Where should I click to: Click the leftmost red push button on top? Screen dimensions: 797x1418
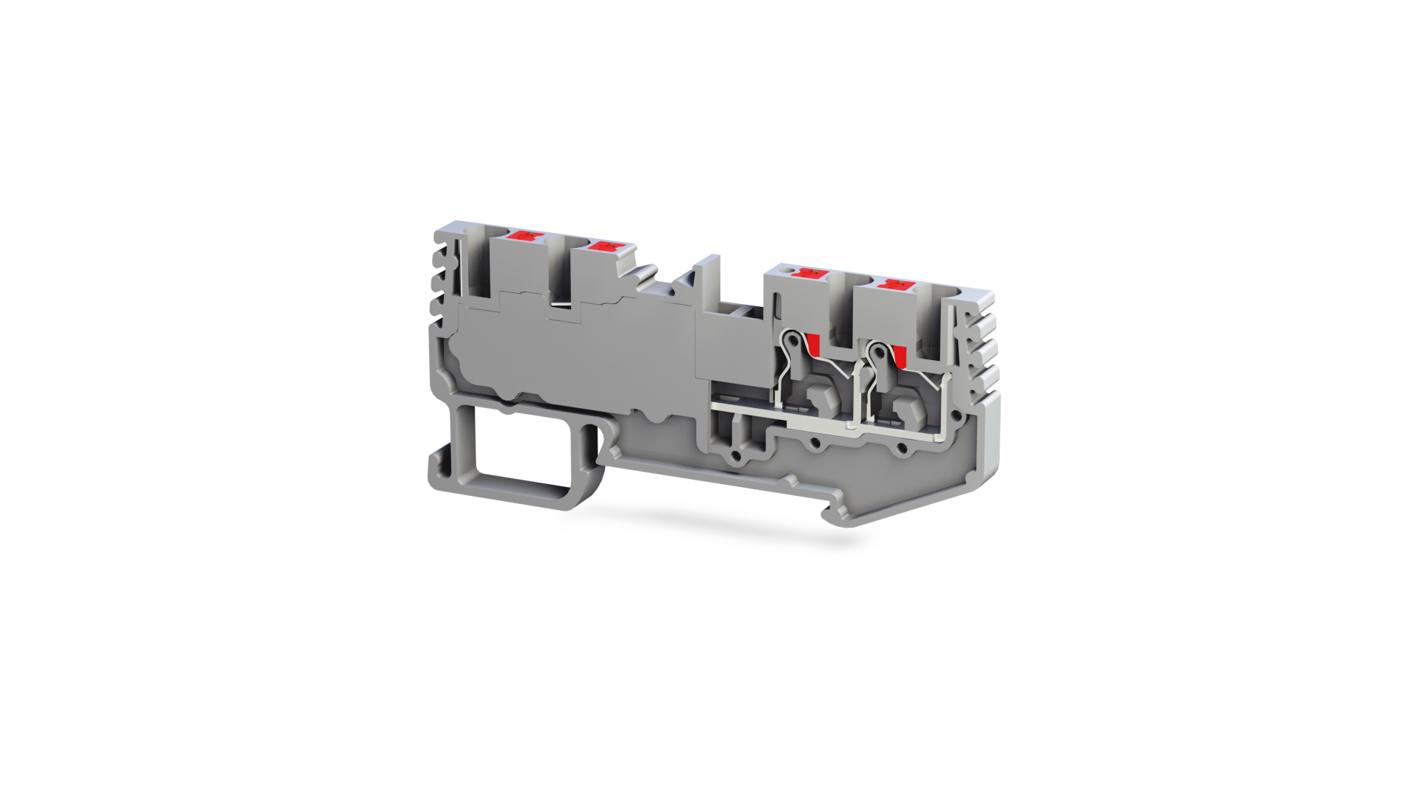527,236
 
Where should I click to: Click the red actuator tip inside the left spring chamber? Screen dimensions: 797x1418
814,343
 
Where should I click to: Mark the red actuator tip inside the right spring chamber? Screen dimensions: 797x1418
900,356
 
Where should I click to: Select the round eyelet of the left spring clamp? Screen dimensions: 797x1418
792,341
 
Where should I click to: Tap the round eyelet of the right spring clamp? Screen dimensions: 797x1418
877,351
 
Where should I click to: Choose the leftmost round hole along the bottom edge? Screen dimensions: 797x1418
736,457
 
